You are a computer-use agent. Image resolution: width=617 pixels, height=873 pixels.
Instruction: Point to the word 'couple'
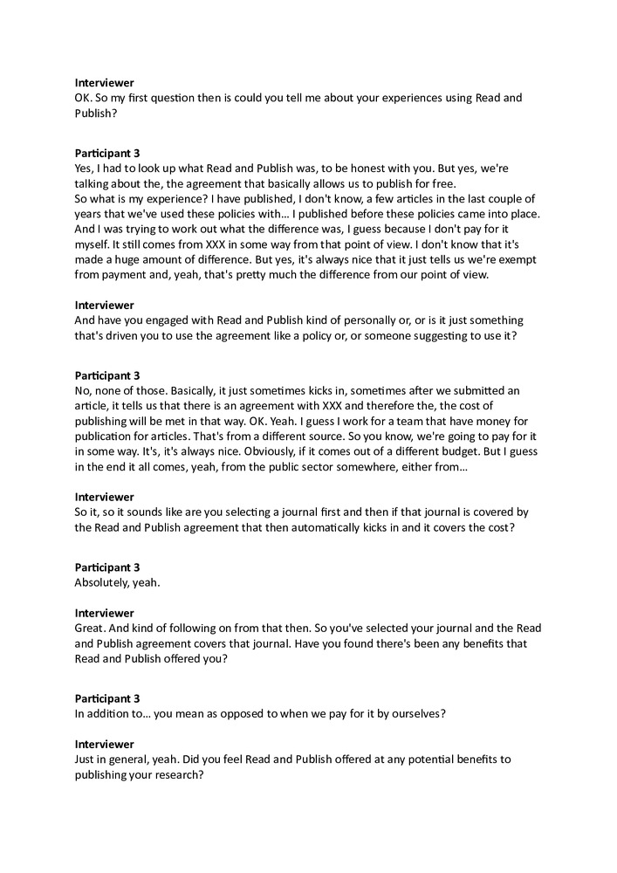click(x=500, y=199)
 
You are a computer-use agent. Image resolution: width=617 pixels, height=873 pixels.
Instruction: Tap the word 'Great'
click(x=91, y=629)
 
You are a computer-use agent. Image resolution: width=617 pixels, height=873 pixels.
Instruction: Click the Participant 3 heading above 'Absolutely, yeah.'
click(x=107, y=567)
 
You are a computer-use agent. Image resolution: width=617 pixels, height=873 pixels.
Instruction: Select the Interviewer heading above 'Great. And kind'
click(x=104, y=614)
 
